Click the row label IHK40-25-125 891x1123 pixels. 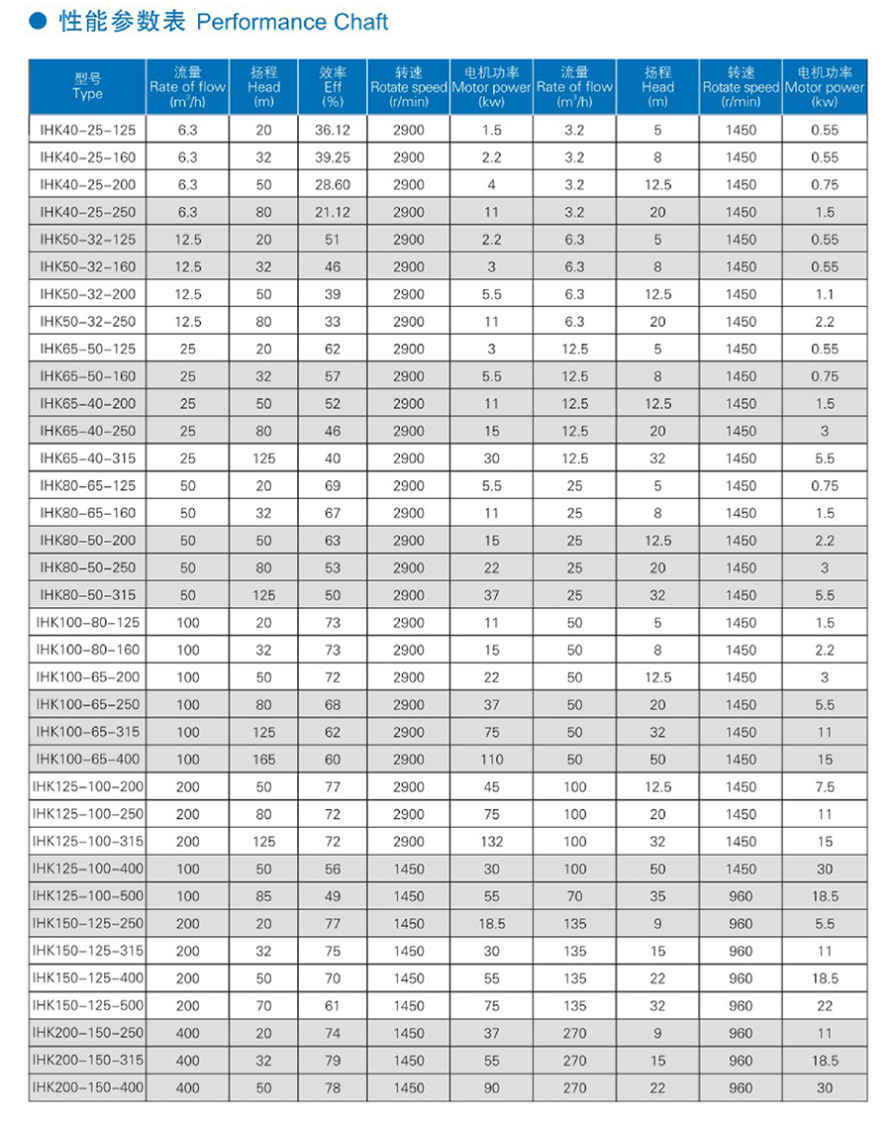[x=88, y=130]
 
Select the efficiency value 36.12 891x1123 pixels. [x=333, y=130]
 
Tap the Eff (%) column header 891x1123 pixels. [x=333, y=86]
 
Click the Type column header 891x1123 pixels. [x=88, y=86]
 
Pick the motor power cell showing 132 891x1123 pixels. [x=491, y=842]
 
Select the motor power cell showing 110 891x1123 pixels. [x=491, y=760]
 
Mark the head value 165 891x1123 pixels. [x=264, y=760]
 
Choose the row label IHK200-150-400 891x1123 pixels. [x=88, y=1087]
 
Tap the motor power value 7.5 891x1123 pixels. [x=824, y=787]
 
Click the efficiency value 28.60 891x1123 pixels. [x=333, y=184]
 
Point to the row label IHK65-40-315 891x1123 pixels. [x=88, y=459]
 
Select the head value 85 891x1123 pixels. [x=264, y=896]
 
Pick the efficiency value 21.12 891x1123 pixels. [x=333, y=212]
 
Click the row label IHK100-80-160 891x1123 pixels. [x=88, y=650]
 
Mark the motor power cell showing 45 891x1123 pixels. [x=491, y=787]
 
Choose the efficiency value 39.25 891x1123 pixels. [x=333, y=157]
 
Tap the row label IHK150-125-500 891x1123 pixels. [x=88, y=1005]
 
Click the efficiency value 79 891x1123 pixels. [x=333, y=1060]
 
